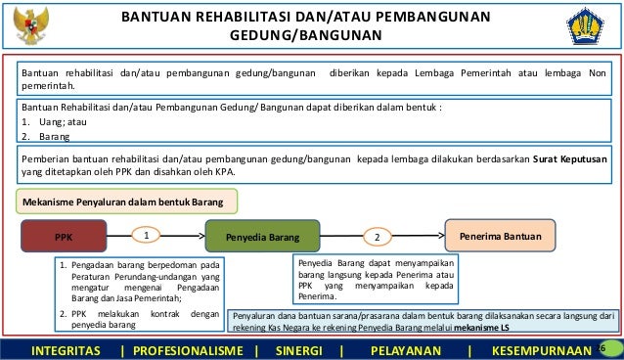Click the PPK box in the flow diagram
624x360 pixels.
(x=65, y=236)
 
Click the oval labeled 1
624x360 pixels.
(x=146, y=236)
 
